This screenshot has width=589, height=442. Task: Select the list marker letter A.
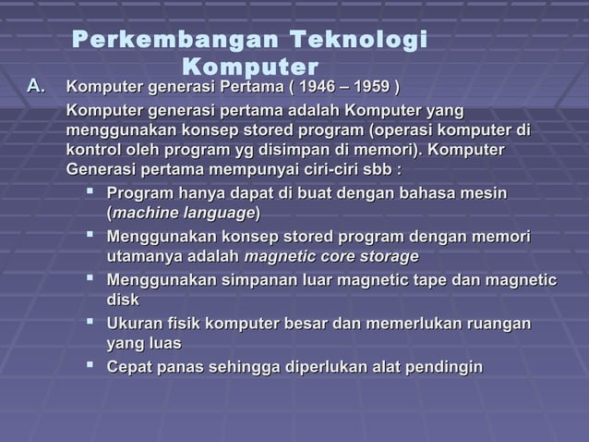tap(36, 87)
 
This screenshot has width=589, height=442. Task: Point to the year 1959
tap(372, 88)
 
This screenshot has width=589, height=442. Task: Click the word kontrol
tap(96, 150)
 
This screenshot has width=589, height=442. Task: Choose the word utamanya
tap(146, 256)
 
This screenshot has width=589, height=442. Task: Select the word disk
tap(124, 300)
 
